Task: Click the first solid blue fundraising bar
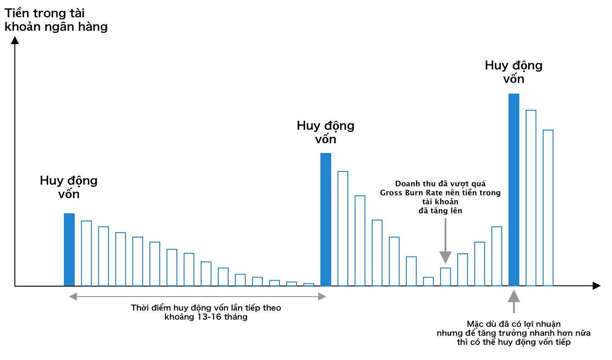(69, 250)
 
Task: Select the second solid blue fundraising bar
(326, 220)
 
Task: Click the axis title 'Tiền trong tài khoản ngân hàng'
(56, 20)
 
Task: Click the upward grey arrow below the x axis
(514, 299)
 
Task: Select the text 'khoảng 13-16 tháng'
(206, 317)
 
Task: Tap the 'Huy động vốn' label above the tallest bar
(514, 72)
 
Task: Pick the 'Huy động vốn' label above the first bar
(69, 187)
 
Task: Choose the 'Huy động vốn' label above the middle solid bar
(326, 132)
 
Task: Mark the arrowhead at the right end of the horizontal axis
(596, 286)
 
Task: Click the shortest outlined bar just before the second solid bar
(309, 284)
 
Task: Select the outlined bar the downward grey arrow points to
(445, 277)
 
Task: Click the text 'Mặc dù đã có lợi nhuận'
(513, 324)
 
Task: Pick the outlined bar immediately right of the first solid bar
(86, 253)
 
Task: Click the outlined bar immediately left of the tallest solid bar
(497, 256)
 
